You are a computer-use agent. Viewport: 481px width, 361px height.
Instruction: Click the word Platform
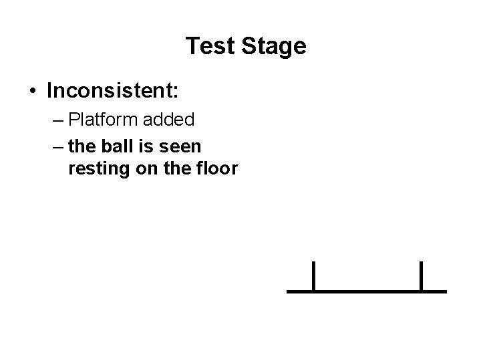click(x=103, y=120)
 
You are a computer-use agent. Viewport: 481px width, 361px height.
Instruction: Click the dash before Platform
click(x=55, y=121)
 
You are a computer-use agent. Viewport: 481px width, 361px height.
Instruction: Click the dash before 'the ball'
click(x=55, y=145)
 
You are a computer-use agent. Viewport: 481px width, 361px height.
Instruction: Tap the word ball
click(x=113, y=144)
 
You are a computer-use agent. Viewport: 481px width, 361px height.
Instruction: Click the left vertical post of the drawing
click(x=313, y=276)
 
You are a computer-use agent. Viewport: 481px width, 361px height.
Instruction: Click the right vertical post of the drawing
click(x=421, y=276)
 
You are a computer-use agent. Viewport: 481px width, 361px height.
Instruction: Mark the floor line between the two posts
click(x=367, y=291)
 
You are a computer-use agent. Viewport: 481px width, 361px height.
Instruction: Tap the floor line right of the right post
click(x=435, y=291)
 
